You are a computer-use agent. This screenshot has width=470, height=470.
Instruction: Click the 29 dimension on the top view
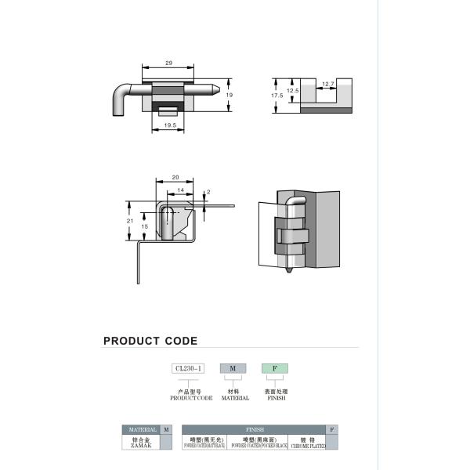[168, 62]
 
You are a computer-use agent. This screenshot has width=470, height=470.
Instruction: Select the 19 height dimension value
[230, 95]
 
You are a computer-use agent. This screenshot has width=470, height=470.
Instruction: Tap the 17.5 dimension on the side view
[277, 96]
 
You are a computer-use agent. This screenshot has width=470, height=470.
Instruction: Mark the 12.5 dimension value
[291, 91]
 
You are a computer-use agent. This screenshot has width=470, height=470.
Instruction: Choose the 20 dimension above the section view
[175, 178]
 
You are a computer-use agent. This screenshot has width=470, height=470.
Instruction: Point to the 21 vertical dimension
[129, 221]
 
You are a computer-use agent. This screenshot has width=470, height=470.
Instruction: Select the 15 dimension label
[144, 226]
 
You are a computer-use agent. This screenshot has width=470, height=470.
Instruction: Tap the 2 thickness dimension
[208, 192]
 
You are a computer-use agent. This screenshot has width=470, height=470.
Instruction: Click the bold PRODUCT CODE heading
[150, 341]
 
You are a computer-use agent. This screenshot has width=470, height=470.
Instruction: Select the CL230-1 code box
[187, 368]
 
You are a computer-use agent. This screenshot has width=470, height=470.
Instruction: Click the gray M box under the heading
[233, 368]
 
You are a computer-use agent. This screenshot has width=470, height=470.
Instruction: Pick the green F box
[274, 368]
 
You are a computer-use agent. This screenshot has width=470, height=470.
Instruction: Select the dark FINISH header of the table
[255, 430]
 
